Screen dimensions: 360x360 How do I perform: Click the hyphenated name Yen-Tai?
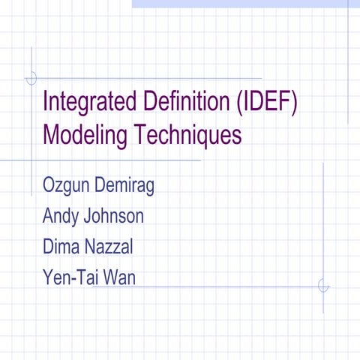72,278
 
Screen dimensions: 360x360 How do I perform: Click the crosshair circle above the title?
31,77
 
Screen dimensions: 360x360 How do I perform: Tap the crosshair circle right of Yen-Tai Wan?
323,286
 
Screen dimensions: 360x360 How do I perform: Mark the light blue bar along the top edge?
240,4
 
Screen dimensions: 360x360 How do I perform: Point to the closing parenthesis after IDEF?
295,102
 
